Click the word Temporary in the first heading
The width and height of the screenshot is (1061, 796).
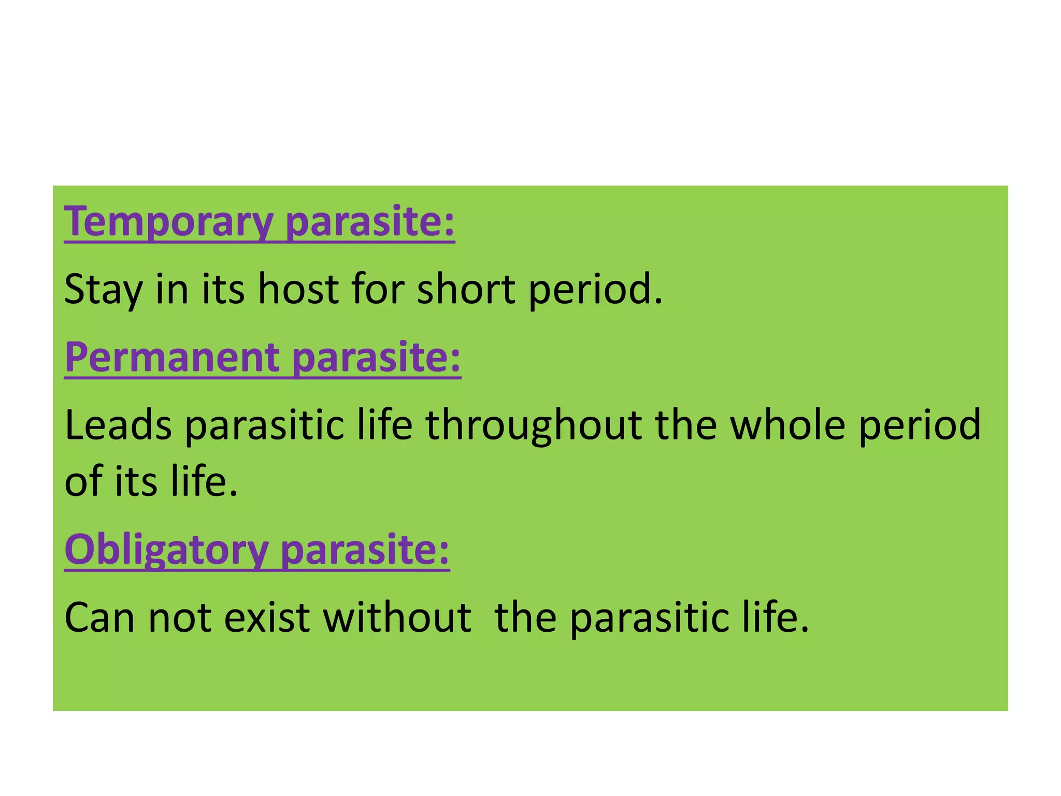(x=168, y=222)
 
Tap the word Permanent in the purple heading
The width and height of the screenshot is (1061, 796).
(x=172, y=358)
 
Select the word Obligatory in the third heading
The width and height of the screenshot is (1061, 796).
(x=166, y=550)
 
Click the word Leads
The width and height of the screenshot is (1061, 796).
(x=118, y=425)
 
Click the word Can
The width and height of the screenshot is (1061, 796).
(x=99, y=618)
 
